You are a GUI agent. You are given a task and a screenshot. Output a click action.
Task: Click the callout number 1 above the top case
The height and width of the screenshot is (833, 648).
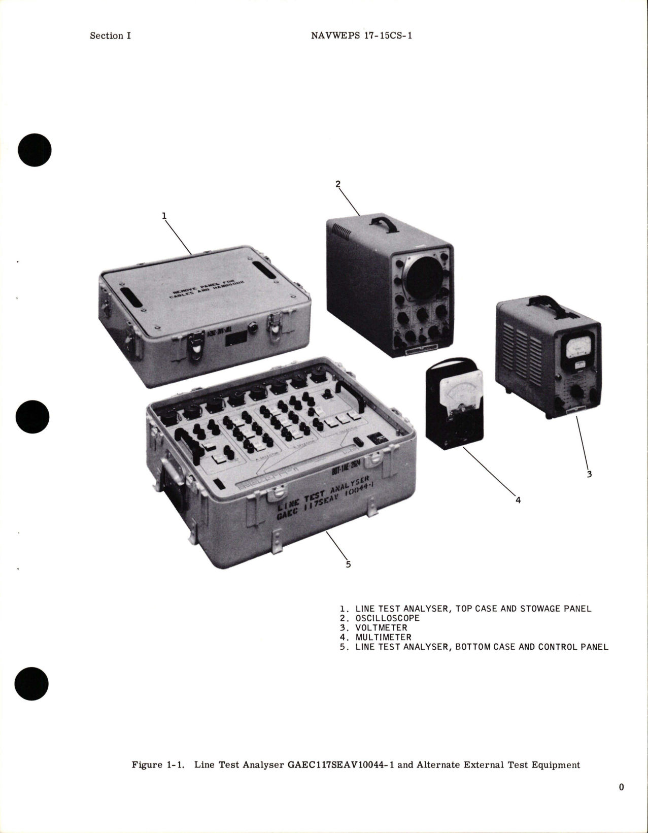click(164, 216)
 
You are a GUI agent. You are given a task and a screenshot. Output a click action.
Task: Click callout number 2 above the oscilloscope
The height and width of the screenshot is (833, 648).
click(338, 184)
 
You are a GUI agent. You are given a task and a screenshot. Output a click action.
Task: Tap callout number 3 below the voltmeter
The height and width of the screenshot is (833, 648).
click(589, 474)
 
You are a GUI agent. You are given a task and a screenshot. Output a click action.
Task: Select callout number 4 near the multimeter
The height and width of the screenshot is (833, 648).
click(518, 500)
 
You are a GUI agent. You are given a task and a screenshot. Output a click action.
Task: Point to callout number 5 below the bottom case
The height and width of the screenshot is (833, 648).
click(348, 564)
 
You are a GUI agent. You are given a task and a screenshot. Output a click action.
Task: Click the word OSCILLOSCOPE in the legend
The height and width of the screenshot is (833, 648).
click(387, 618)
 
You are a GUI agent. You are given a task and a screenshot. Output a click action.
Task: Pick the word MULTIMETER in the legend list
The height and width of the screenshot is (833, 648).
click(383, 637)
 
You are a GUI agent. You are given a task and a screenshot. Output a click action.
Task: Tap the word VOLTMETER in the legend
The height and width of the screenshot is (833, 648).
click(381, 627)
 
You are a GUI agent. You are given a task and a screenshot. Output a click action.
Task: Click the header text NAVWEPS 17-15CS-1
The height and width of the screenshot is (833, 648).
click(360, 36)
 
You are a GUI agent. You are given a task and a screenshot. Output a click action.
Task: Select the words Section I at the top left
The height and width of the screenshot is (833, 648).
click(110, 36)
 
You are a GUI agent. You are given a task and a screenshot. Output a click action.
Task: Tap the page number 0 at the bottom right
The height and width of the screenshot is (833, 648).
click(621, 787)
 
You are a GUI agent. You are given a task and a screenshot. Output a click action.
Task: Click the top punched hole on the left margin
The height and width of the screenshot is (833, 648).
click(35, 150)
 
